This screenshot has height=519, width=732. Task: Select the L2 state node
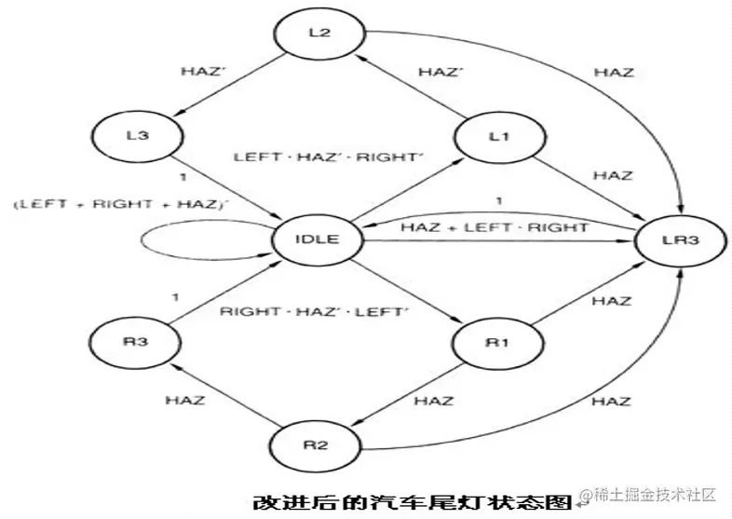[x=319, y=34]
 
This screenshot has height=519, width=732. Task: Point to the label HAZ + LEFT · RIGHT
[x=494, y=226]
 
